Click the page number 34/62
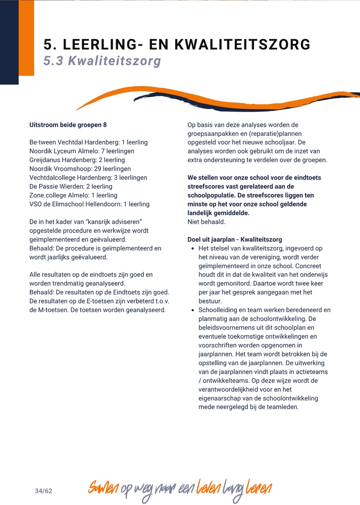tap(43, 491)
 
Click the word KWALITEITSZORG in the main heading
tap(242, 44)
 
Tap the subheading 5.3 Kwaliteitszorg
tap(102, 61)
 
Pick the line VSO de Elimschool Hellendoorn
tap(89, 204)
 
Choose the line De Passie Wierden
tap(71, 186)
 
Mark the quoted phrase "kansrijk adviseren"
tap(113, 222)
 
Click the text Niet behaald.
tap(206, 222)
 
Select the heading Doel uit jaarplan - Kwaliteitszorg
tap(235, 239)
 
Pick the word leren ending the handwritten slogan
tap(259, 488)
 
